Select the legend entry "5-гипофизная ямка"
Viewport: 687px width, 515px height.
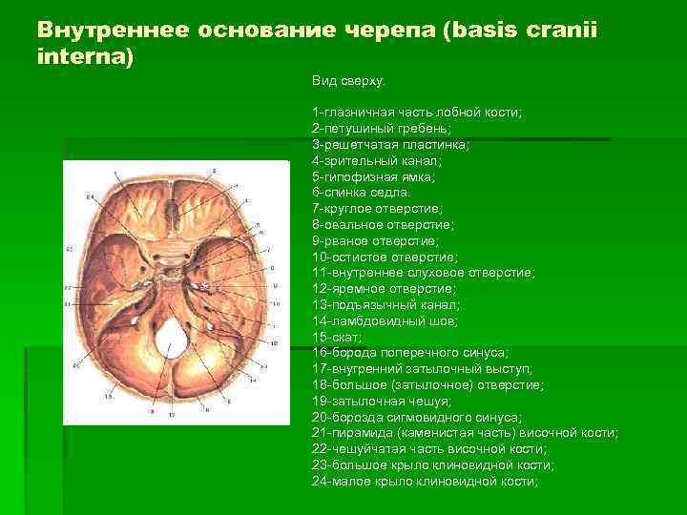coord(373,176)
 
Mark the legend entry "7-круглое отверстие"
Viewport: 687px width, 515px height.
coord(376,208)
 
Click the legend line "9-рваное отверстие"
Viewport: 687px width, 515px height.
coord(371,240)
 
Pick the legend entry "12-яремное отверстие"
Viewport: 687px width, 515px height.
coord(384,289)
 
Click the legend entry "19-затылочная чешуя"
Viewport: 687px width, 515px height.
coord(382,402)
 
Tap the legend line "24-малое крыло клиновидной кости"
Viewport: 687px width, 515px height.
coord(425,482)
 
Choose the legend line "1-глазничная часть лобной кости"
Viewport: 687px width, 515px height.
coord(417,113)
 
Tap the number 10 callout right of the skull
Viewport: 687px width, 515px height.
coord(276,303)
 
